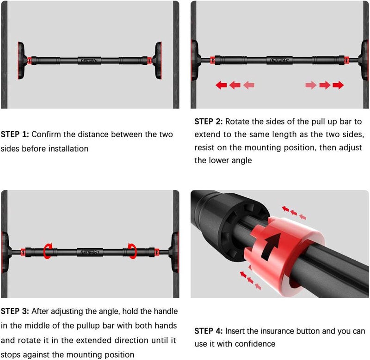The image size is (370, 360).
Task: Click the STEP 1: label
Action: pyautogui.click(x=15, y=134)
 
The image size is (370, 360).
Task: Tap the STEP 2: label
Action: pyautogui.click(x=209, y=122)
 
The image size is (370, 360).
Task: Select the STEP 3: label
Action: pyautogui.click(x=15, y=311)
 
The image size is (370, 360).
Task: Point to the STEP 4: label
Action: pyautogui.click(x=209, y=331)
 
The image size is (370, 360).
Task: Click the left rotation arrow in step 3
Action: pyautogui.click(x=48, y=251)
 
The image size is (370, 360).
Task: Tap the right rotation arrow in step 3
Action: pyautogui.click(x=132, y=251)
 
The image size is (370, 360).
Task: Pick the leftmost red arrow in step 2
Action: pyautogui.click(x=222, y=85)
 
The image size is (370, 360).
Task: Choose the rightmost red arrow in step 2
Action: pyautogui.click(x=338, y=85)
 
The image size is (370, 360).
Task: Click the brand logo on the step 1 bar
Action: pyautogui.click(x=89, y=61)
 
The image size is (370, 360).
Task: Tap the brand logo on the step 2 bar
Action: pyautogui.click(x=279, y=61)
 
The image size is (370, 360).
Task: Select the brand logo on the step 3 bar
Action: pyautogui.click(x=90, y=252)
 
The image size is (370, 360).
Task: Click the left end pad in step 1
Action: pyautogui.click(x=21, y=61)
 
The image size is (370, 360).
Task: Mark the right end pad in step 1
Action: pyautogui.click(x=158, y=61)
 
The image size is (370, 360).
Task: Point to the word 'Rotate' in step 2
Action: pyautogui.click(x=237, y=122)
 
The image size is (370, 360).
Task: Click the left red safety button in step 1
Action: pyautogui.click(x=29, y=61)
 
